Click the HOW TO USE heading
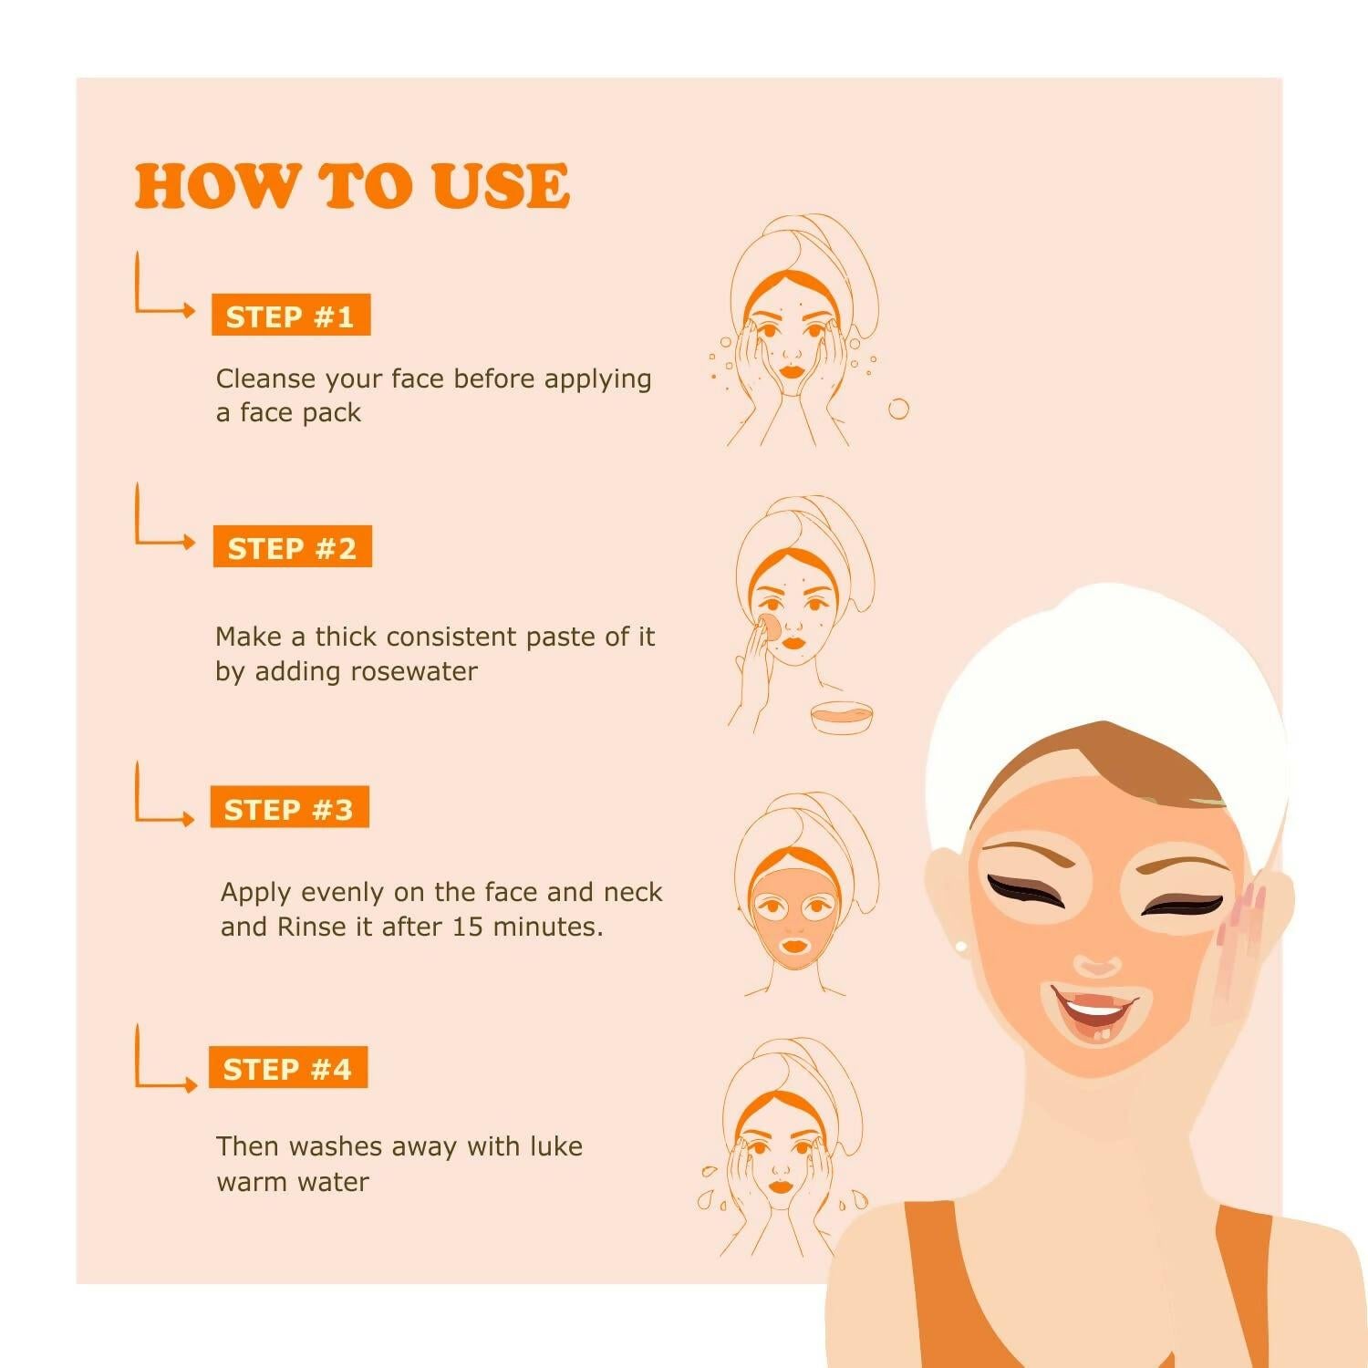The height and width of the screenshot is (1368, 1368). coord(352,186)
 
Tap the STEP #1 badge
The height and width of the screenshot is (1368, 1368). coord(290,316)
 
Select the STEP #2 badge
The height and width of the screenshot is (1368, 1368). coord(292,547)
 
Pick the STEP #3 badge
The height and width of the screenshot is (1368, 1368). coord(289,808)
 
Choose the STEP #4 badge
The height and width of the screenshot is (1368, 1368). coord(287,1068)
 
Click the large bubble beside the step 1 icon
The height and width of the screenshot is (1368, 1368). coord(898,409)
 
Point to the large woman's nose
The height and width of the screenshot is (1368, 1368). coord(1098,963)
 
